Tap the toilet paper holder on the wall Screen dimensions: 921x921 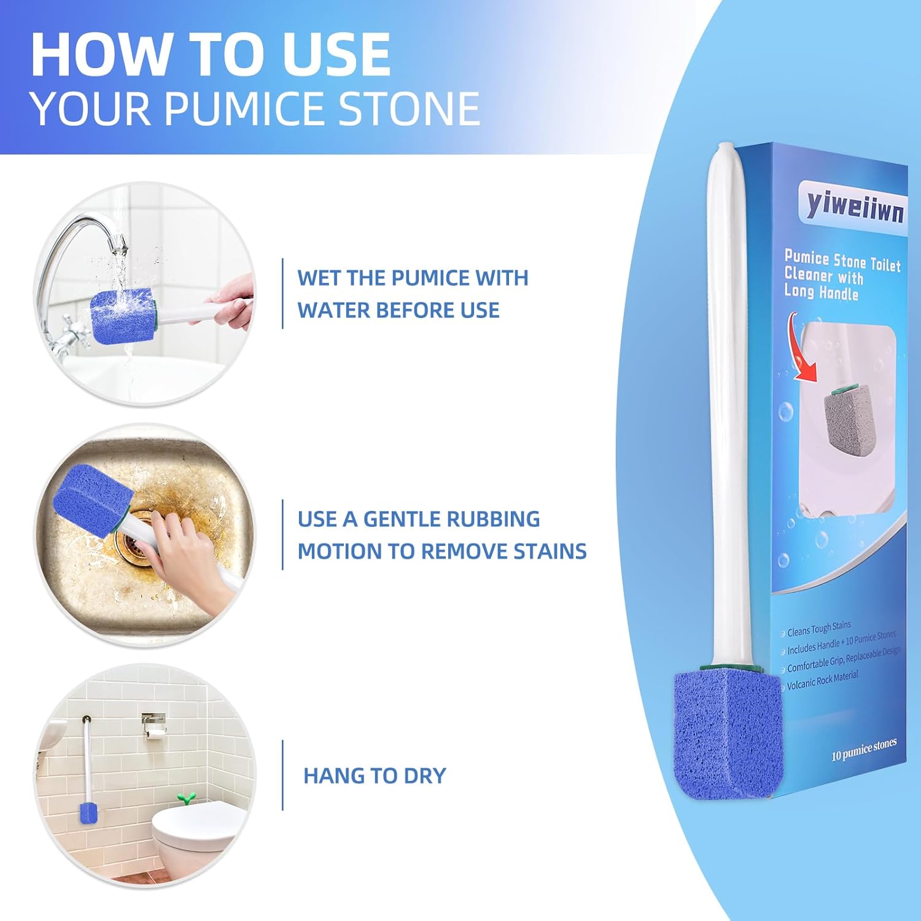pos(154,725)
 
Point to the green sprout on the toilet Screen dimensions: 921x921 pos(186,798)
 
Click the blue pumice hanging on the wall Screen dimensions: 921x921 pos(88,814)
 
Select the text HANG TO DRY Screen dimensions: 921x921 pos(375,775)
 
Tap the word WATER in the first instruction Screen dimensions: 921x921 pos(333,310)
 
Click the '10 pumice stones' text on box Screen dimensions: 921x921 pos(863,749)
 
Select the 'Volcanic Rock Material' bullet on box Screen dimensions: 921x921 pos(822,680)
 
